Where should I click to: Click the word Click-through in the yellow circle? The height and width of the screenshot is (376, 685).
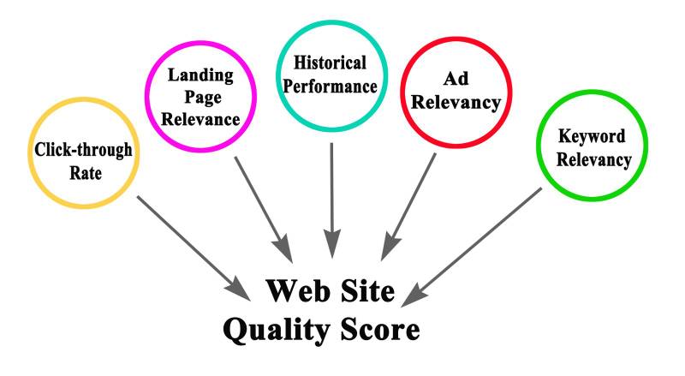[83, 152]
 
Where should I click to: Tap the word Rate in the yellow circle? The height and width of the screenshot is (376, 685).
[83, 174]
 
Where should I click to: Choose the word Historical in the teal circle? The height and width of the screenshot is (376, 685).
[330, 63]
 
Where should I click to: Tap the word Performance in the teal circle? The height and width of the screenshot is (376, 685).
[330, 86]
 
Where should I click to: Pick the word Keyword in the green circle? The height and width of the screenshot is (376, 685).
[592, 137]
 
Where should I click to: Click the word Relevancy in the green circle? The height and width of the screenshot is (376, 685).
[592, 159]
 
